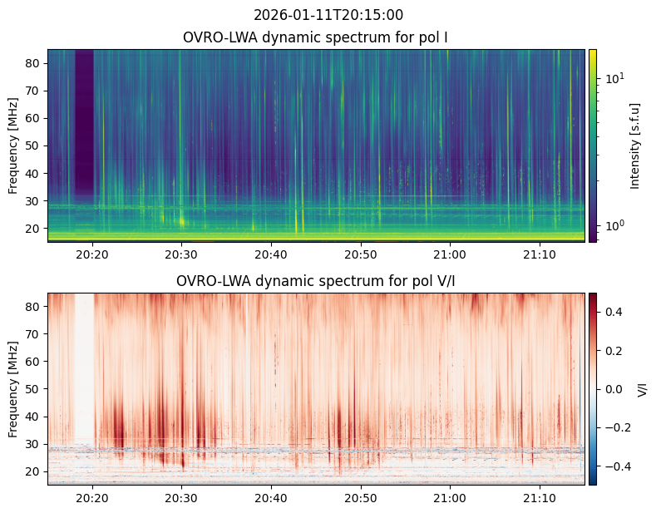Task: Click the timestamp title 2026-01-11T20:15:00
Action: [x=328, y=15]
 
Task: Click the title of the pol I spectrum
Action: [x=315, y=37]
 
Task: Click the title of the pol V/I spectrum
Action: [x=315, y=281]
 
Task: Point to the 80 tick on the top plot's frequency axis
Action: [x=34, y=63]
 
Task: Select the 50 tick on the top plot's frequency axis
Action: [x=34, y=146]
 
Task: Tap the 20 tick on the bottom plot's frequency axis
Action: [x=34, y=471]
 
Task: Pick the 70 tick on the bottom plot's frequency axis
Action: [x=34, y=334]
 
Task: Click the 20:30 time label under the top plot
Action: [x=181, y=254]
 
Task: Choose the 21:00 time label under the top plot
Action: [x=450, y=254]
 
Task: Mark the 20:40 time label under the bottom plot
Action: [x=271, y=498]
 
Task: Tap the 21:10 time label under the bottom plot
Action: [x=540, y=498]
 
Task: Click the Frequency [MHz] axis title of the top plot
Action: [x=13, y=146]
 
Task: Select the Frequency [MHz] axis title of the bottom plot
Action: [x=13, y=389]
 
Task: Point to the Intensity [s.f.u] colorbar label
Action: [x=634, y=146]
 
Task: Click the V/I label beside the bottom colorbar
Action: [x=642, y=389]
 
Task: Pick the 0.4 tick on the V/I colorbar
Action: [x=614, y=312]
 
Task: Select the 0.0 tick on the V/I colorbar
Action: [x=614, y=389]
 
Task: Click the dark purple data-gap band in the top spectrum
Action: [x=84, y=122]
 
